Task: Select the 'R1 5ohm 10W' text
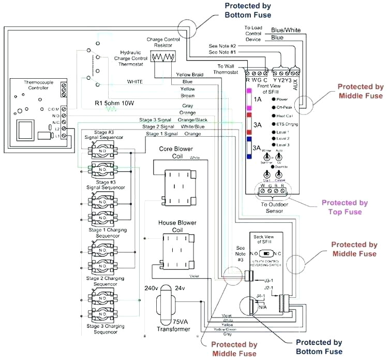[x=114, y=103]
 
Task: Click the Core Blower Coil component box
[x=179, y=188]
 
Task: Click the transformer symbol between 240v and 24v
[x=168, y=300]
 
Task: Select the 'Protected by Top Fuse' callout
[x=345, y=207]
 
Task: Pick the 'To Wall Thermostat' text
[x=227, y=69]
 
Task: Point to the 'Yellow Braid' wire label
[x=190, y=75]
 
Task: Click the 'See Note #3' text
[x=240, y=253]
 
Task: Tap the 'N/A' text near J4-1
[x=262, y=307]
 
